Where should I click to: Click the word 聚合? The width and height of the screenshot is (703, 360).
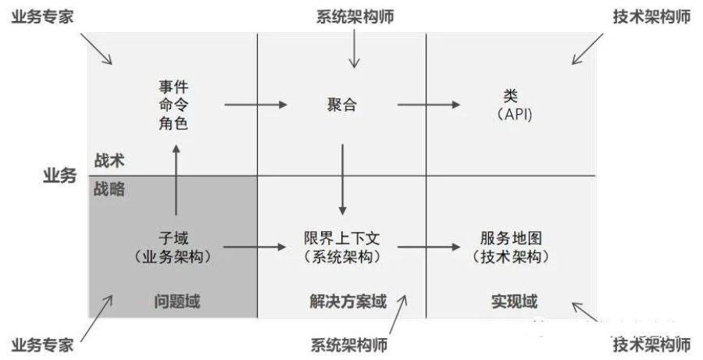pyautogui.click(x=342, y=105)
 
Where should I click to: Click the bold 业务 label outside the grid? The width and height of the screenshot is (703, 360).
pyautogui.click(x=59, y=176)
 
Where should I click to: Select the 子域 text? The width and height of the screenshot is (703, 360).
pyautogui.click(x=173, y=237)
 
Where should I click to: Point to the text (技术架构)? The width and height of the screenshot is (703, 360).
pyautogui.click(x=512, y=256)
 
